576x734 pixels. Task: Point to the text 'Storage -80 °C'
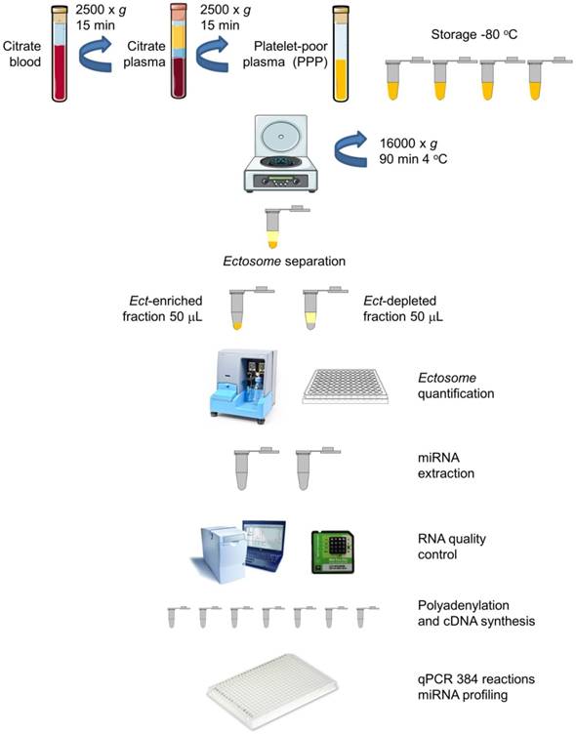(473, 36)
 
